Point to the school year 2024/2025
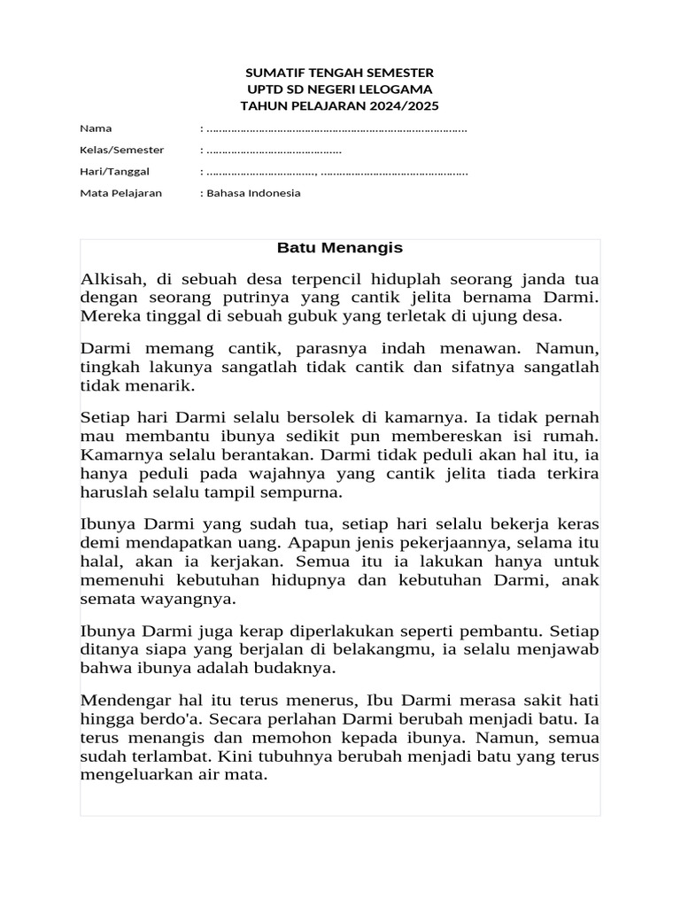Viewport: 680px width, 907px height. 401,105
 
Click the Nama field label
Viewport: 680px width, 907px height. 96,128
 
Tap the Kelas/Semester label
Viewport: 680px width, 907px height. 121,150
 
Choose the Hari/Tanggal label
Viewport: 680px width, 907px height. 114,171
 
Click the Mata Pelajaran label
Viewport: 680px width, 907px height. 120,192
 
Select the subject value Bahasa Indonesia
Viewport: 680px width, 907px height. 254,192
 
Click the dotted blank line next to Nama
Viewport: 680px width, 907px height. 336,129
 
